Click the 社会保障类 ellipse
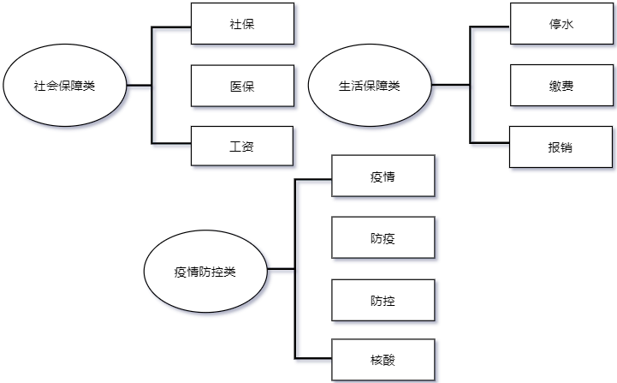tap(64, 86)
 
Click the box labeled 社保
tap(242, 24)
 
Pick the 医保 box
tap(242, 86)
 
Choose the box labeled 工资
tap(242, 147)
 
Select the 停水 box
tap(561, 24)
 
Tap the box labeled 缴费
tap(561, 86)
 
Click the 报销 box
tap(561, 147)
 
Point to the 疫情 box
tap(383, 177)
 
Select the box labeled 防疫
tap(383, 238)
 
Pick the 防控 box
tap(383, 300)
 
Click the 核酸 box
tap(383, 361)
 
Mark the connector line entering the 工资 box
tap(171, 141)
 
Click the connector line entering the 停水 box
tap(489, 27)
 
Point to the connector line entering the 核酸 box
tap(312, 356)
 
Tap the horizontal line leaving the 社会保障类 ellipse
tap(139, 86)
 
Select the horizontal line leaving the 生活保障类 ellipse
tap(450, 86)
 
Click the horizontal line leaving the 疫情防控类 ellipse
tap(281, 269)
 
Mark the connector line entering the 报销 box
tap(489, 141)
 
